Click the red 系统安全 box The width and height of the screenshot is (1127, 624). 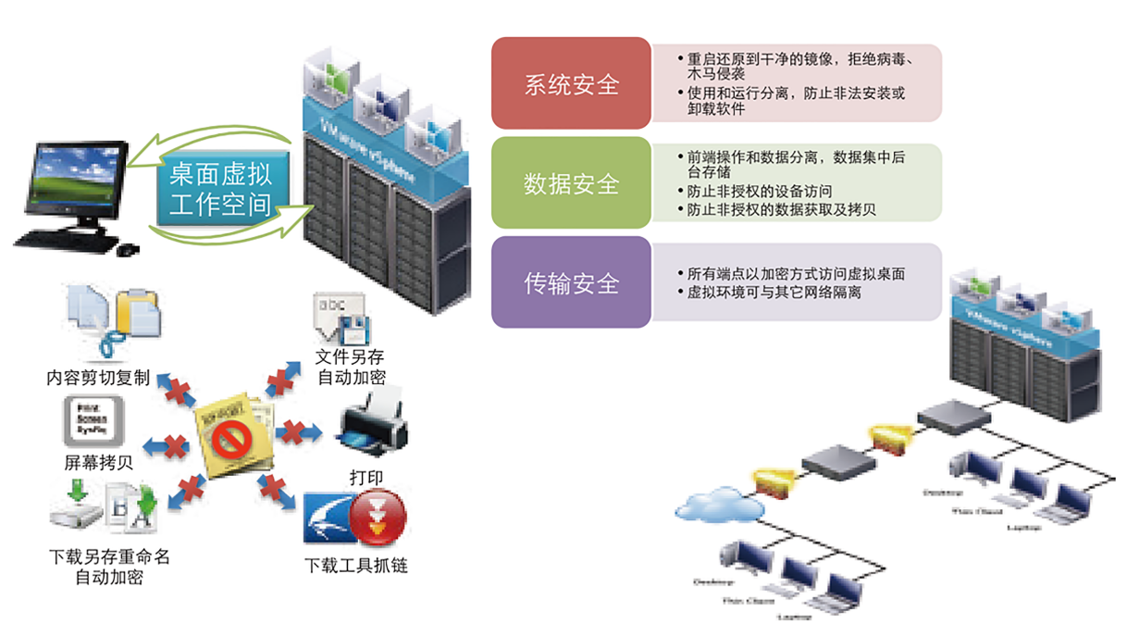pos(571,83)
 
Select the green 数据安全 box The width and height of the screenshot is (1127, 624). pos(571,183)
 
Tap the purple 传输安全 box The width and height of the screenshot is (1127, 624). pos(571,282)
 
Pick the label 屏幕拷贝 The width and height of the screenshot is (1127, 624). pos(97,462)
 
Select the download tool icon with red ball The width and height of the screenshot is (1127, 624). pos(378,518)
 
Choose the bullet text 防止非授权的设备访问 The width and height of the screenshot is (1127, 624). pos(753,192)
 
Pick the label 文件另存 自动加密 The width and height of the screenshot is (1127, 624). pos(351,367)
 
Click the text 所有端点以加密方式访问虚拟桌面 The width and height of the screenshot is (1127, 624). pos(796,274)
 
